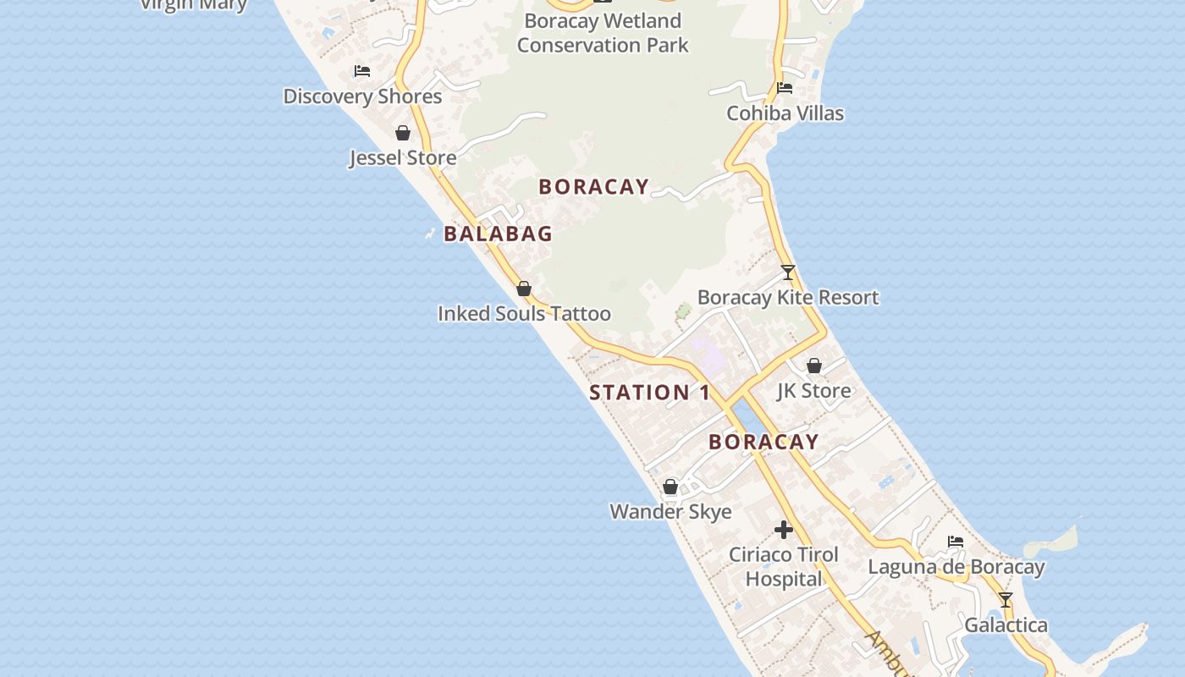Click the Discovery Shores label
[362, 96]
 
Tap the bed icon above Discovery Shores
[362, 71]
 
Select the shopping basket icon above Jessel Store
[403, 133]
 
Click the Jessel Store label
[403, 158]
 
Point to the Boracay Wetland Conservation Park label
[603, 33]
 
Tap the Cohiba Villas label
[785, 113]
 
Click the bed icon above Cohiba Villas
[785, 88]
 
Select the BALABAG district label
[498, 234]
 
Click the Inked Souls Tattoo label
[524, 314]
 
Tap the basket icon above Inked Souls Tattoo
[524, 289]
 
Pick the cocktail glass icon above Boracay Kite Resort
[788, 272]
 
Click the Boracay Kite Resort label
[788, 298]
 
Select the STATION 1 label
[650, 393]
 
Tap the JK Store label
[813, 391]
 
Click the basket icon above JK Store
[813, 366]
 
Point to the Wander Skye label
[670, 512]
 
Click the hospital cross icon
[784, 530]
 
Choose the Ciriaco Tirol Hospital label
[784, 567]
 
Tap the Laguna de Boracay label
[956, 567]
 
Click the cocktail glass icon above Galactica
[1006, 600]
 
